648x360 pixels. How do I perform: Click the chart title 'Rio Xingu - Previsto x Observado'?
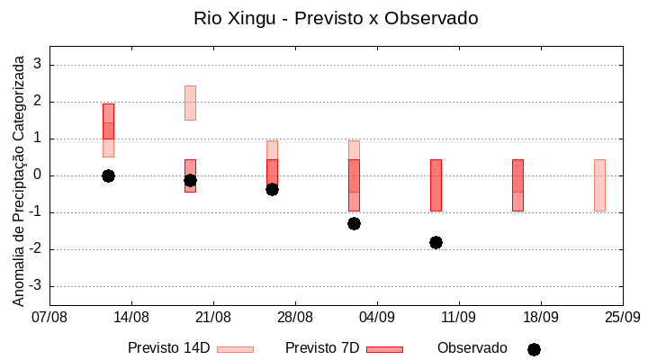click(336, 18)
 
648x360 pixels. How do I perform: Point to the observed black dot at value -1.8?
click(436, 242)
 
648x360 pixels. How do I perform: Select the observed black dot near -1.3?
click(354, 223)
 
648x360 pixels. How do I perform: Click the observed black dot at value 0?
click(108, 175)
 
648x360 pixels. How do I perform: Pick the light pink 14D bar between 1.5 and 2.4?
click(190, 103)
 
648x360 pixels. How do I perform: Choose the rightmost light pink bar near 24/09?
click(599, 184)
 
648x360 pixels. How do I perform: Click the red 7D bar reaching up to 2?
click(108, 121)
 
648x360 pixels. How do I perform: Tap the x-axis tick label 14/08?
click(131, 317)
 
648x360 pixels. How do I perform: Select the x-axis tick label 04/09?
click(377, 317)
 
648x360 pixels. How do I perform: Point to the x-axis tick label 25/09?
click(622, 317)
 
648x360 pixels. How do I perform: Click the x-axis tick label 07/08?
click(49, 317)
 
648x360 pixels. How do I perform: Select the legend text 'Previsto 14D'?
click(168, 348)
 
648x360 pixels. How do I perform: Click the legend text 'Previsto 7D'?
click(321, 348)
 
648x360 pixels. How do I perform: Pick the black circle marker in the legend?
click(534, 349)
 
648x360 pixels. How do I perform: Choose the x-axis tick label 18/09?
click(540, 317)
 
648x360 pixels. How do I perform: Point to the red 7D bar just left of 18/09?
click(517, 184)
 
